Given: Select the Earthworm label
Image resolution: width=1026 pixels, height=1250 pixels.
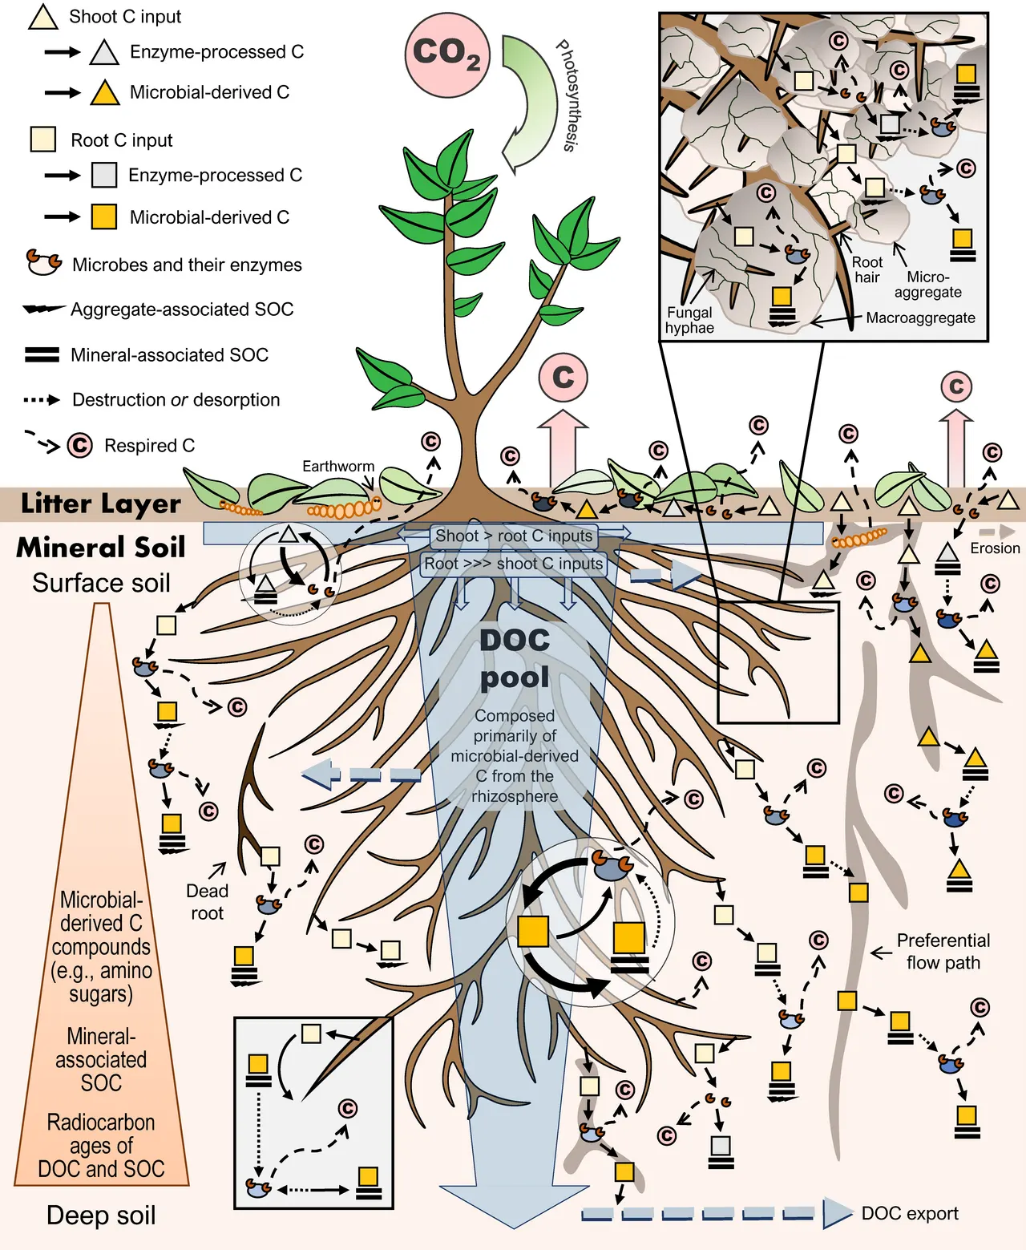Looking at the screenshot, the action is tap(338, 467).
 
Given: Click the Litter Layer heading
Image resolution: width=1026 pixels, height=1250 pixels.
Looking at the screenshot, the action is tap(101, 504).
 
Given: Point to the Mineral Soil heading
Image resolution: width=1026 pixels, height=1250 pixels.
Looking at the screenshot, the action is tap(101, 547).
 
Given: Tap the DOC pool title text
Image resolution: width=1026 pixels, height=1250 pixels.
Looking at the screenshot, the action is tap(515, 658).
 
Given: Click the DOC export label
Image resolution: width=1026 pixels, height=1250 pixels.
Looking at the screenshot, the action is tap(910, 1212).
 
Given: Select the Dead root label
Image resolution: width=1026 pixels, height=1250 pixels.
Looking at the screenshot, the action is tap(207, 901).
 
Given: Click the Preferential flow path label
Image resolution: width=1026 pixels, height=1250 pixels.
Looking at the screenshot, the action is tap(943, 951).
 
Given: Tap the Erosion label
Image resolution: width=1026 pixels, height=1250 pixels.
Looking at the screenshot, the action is tap(995, 548).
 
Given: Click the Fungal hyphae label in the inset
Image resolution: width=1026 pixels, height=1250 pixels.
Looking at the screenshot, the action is tap(689, 320).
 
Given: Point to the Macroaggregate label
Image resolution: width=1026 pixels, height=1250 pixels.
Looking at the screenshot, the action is tap(920, 318).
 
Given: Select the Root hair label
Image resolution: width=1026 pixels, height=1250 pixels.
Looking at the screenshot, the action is tap(867, 269).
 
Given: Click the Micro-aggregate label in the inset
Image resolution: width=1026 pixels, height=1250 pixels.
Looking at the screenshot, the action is tap(927, 285).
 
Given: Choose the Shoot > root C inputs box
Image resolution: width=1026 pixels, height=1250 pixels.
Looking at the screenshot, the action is tap(514, 536).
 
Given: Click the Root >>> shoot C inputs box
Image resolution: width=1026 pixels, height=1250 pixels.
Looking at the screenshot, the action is tap(514, 564).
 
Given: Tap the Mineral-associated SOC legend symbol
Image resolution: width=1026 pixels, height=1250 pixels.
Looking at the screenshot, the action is tap(42, 354).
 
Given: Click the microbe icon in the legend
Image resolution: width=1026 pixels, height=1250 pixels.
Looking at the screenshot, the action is tap(44, 262).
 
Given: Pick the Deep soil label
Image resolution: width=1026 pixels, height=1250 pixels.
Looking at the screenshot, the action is tap(101, 1215).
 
